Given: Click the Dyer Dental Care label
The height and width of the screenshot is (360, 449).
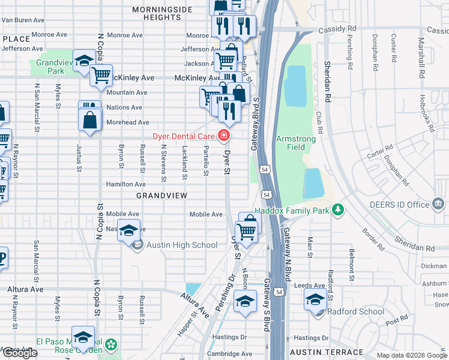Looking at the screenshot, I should point(184,136).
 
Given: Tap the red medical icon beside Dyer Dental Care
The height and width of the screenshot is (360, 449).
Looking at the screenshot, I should point(224,136).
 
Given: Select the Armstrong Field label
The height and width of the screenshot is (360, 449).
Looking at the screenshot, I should point(295,143).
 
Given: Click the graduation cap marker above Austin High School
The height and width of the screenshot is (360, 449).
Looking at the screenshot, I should point(128,230).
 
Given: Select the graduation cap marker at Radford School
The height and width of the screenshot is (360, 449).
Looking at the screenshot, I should point(315,298).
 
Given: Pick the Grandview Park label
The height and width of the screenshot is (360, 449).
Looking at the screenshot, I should point(58,67).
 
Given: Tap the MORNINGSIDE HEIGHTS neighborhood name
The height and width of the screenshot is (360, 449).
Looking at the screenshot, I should point(162,13).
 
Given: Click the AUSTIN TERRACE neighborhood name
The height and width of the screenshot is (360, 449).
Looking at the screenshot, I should point(327,352).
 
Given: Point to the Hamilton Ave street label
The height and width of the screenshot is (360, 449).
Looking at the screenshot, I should point(126,184).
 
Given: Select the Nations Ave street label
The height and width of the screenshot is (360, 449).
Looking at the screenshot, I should point(124,107).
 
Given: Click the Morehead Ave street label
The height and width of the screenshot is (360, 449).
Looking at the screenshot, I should point(127,122).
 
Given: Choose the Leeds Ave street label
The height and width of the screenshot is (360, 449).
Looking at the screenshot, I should point(310,286).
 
